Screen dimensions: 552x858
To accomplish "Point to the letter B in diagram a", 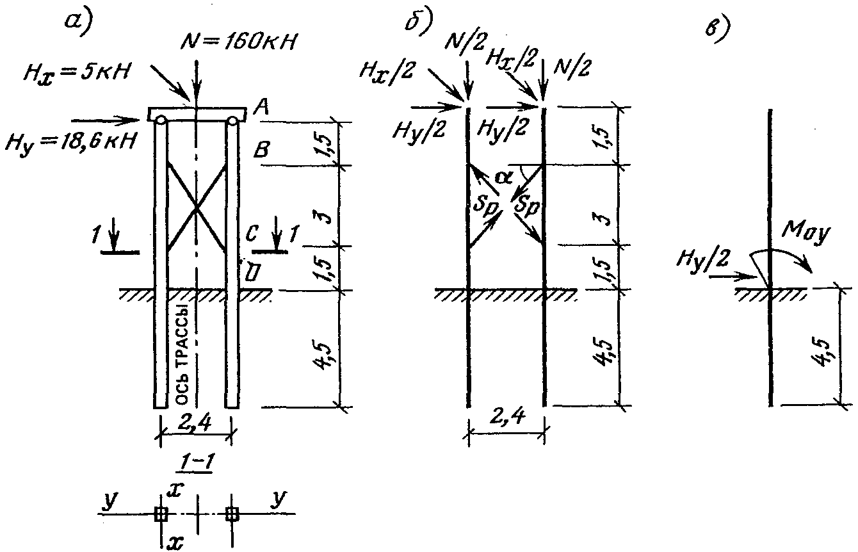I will [x=262, y=152].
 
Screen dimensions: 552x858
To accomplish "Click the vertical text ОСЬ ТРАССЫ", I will [x=182, y=361].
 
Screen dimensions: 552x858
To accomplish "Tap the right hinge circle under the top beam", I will [x=232, y=120].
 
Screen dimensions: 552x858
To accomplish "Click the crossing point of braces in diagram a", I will [x=196, y=206].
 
